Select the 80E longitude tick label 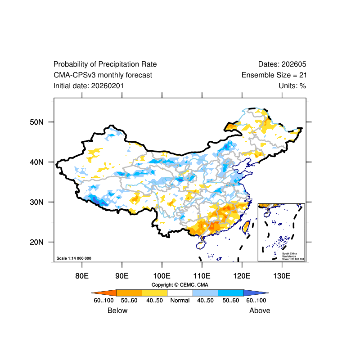point(82,275)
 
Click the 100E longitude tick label point(161,275)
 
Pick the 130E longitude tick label point(282,275)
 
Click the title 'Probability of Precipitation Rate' point(105,64)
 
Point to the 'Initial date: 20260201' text point(89,85)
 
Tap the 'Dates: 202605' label point(282,64)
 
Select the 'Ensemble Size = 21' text point(274,75)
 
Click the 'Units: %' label point(292,85)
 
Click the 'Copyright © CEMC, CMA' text point(180,285)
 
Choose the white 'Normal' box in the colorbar point(180,292)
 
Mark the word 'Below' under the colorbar point(117,310)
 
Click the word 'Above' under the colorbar point(260,310)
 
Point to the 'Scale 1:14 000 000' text point(74,258)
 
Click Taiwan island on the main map point(246,226)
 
